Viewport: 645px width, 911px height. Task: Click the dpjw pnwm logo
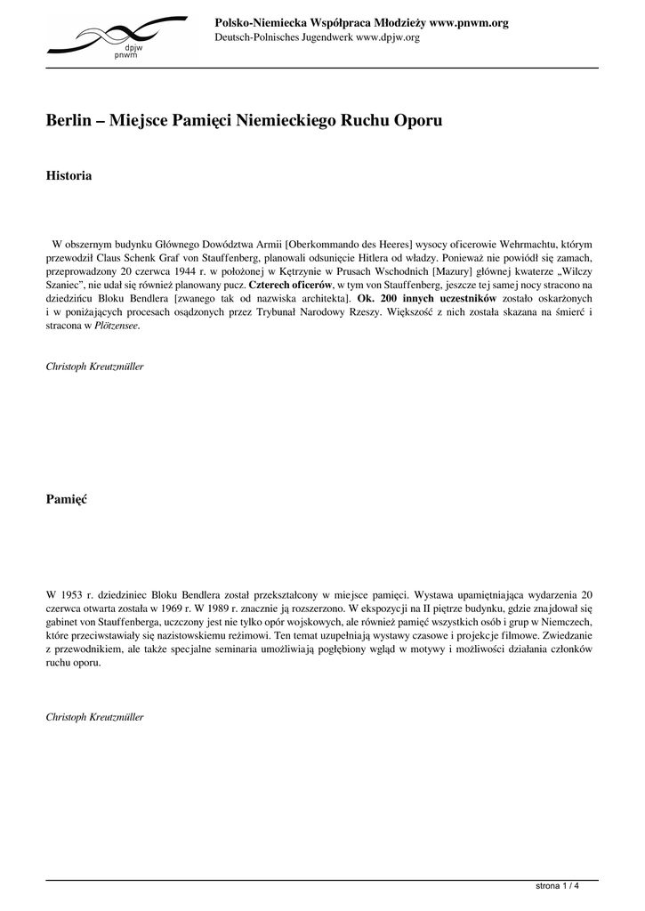[x=117, y=36]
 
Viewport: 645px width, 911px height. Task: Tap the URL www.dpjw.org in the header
[x=387, y=37]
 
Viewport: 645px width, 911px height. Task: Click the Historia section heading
[x=69, y=176]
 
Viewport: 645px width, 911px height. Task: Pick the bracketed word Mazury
[x=453, y=270]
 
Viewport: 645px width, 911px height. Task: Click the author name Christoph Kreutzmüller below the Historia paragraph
[x=94, y=367]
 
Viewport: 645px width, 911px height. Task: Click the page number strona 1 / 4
[x=558, y=886]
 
